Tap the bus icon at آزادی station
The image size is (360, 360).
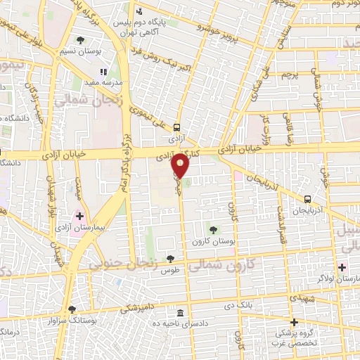coord(176,128)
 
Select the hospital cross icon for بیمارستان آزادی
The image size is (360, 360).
coord(79,216)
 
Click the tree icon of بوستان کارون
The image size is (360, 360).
coord(213,229)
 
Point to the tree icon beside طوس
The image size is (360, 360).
coord(170,259)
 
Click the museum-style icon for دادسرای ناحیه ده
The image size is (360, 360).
coord(181,313)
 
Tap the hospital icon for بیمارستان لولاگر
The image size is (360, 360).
coord(342,266)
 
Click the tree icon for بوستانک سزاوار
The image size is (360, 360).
coord(72,309)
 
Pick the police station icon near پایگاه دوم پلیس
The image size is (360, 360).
coord(140,11)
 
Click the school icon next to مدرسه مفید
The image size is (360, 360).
coord(103,71)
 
